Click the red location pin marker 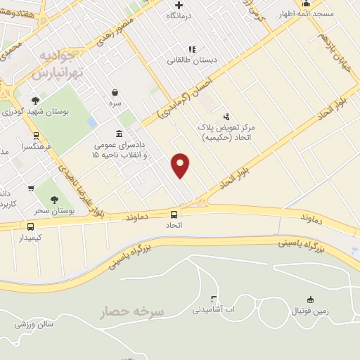[181, 165]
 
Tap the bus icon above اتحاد [174, 214]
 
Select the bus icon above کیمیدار [30, 226]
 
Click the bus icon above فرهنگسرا [36, 136]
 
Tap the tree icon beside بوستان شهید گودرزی [35, 101]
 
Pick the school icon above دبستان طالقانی [191, 49]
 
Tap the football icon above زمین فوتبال [311, 299]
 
